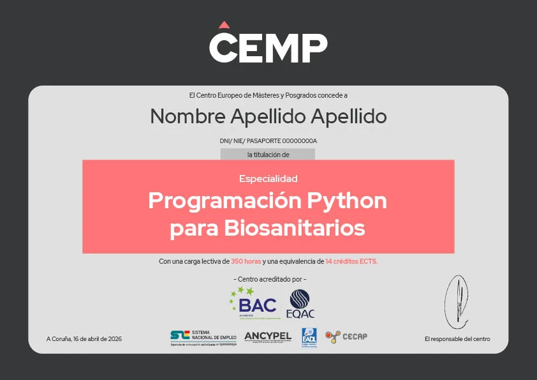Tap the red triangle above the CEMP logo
pos(223,25)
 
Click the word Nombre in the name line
pos(186,117)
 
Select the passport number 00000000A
pos(300,141)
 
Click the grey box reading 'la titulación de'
pos(268,155)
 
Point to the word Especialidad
pos(268,179)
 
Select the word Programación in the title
pos(223,201)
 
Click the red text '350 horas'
pos(246,261)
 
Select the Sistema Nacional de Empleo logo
pos(203,337)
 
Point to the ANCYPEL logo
pos(268,337)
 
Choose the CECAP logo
pos(346,337)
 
